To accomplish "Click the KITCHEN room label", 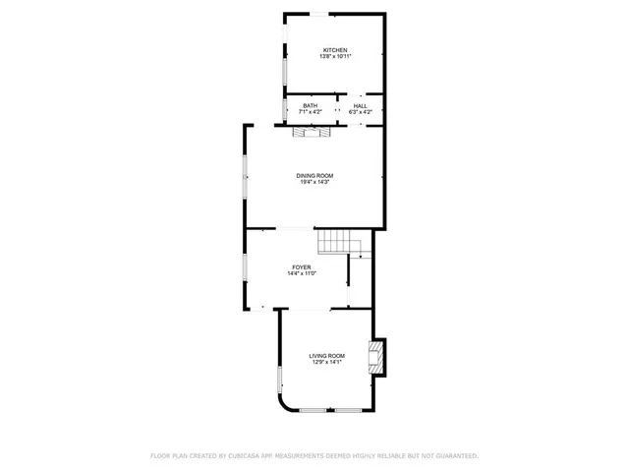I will pyautogui.click(x=334, y=50).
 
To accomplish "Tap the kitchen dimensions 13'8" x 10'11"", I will pyautogui.click(x=334, y=57).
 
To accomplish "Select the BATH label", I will pyautogui.click(x=310, y=106).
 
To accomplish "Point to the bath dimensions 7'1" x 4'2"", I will pyautogui.click(x=310, y=112).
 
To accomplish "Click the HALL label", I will pyautogui.click(x=360, y=106).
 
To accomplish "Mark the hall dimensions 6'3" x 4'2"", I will pyautogui.click(x=360, y=112).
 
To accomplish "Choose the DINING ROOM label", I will pyautogui.click(x=314, y=175).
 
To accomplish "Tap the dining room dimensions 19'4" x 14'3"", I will pyautogui.click(x=314, y=182).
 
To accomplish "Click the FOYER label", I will pyautogui.click(x=302, y=267).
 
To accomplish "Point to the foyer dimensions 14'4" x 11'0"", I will pyautogui.click(x=302, y=273).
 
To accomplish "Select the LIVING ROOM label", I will pyautogui.click(x=326, y=355).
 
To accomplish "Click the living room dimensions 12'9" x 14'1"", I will pyautogui.click(x=326, y=362).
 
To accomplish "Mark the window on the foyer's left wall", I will pyautogui.click(x=246, y=268).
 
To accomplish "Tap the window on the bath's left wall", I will pyautogui.click(x=285, y=108).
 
